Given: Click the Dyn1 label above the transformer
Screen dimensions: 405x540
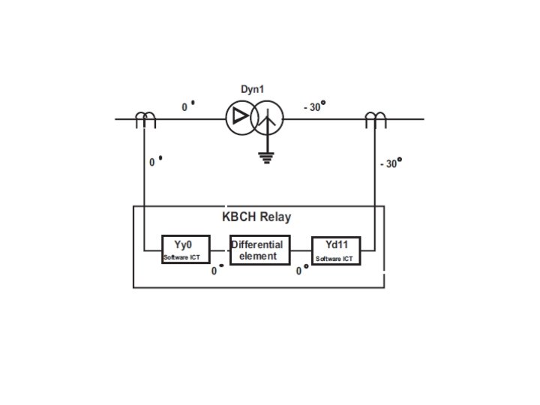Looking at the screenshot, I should pyautogui.click(x=252, y=89).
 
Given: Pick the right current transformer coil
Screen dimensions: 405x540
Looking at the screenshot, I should pyautogui.click(x=373, y=118).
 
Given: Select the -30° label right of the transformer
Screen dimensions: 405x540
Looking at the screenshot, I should pyautogui.click(x=313, y=107).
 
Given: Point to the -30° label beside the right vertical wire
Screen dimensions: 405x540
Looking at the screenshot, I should pyautogui.click(x=390, y=163).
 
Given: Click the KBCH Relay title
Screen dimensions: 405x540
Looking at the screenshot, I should pyautogui.click(x=256, y=217).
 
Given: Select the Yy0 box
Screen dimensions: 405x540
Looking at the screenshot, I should pyautogui.click(x=183, y=250).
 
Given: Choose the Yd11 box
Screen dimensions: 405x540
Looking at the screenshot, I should pyautogui.click(x=336, y=250).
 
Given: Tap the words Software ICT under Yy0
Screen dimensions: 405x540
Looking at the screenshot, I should pyautogui.click(x=181, y=258).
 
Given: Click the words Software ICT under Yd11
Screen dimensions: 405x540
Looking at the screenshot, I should pyautogui.click(x=334, y=259).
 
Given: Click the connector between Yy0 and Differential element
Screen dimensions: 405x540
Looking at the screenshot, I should pyautogui.click(x=217, y=250).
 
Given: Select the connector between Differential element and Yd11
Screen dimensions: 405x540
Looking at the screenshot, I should pyautogui.click(x=301, y=250).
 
